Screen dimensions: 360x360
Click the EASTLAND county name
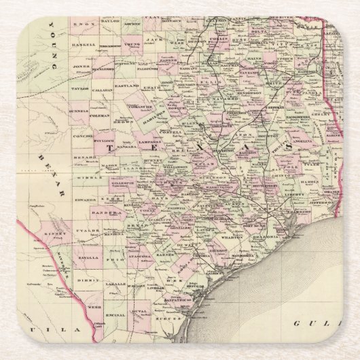[127, 87]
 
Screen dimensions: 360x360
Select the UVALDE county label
[88, 230]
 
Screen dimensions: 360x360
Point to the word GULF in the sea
[312, 325]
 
